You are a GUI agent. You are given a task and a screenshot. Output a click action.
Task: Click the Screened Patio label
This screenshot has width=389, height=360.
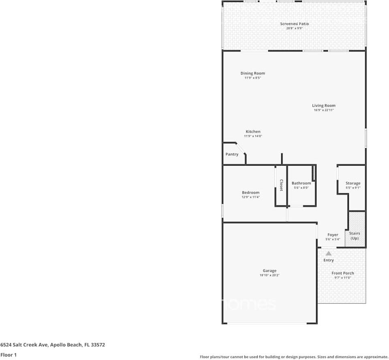pyautogui.click(x=294, y=24)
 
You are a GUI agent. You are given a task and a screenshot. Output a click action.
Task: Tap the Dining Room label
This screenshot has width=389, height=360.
pyautogui.click(x=252, y=73)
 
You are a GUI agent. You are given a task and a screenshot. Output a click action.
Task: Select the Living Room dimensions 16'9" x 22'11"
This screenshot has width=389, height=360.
pyautogui.click(x=323, y=110)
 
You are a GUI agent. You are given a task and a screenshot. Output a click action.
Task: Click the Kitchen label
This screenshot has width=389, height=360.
pyautogui.click(x=253, y=132)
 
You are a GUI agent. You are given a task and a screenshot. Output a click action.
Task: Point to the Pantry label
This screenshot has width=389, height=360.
pyautogui.click(x=232, y=154)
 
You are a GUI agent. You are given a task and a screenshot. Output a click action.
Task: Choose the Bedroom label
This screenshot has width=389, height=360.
pyautogui.click(x=250, y=192)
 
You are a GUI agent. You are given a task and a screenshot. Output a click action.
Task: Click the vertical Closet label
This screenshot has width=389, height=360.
pyautogui.click(x=281, y=185)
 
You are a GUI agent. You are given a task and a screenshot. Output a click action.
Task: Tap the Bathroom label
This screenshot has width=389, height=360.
pyautogui.click(x=301, y=183)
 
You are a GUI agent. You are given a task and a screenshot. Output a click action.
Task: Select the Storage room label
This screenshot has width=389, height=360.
pyautogui.click(x=353, y=183)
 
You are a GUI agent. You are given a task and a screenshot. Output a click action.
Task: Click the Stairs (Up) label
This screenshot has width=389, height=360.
pyautogui.click(x=355, y=236)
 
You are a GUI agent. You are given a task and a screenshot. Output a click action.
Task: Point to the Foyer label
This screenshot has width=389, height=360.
pyautogui.click(x=333, y=235)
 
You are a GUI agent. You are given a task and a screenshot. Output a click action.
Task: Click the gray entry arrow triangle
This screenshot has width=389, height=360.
pyautogui.click(x=329, y=253)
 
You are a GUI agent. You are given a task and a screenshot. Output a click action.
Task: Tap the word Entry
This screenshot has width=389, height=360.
pyautogui.click(x=329, y=260)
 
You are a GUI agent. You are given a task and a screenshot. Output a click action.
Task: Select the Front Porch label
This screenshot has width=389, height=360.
pyautogui.click(x=342, y=273)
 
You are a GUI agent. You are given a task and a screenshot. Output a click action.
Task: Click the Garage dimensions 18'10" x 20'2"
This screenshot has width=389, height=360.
pyautogui.click(x=269, y=275)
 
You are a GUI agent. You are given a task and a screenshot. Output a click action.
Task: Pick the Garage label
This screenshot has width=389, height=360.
pyautogui.click(x=269, y=271)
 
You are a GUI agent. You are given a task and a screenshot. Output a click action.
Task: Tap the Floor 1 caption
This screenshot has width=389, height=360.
pyautogui.click(x=9, y=355)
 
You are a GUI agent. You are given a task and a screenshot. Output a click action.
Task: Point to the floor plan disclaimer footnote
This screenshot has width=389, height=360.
pyautogui.click(x=294, y=357)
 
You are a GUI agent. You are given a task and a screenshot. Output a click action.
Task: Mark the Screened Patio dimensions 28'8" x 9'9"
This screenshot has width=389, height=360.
pyautogui.click(x=294, y=28)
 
